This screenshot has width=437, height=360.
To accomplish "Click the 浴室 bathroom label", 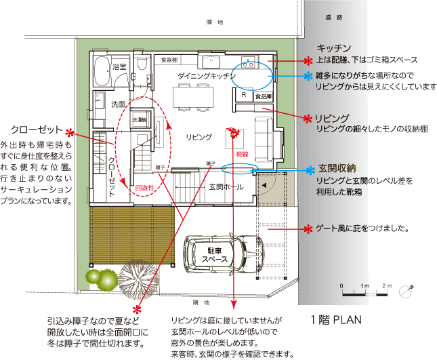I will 120,67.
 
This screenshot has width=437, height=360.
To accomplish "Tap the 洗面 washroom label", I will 118,104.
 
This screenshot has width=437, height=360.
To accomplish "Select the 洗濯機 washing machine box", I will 140,119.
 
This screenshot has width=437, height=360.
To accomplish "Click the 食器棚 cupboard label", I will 169,60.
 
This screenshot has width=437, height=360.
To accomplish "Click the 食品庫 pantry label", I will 263,97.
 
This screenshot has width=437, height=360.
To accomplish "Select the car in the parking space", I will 224,256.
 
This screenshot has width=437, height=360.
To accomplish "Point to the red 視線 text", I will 242,155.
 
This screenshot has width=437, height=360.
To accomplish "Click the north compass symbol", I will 406,290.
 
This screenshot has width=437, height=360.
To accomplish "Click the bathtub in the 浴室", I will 102,71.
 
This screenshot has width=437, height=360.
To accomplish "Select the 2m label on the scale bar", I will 388,285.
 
